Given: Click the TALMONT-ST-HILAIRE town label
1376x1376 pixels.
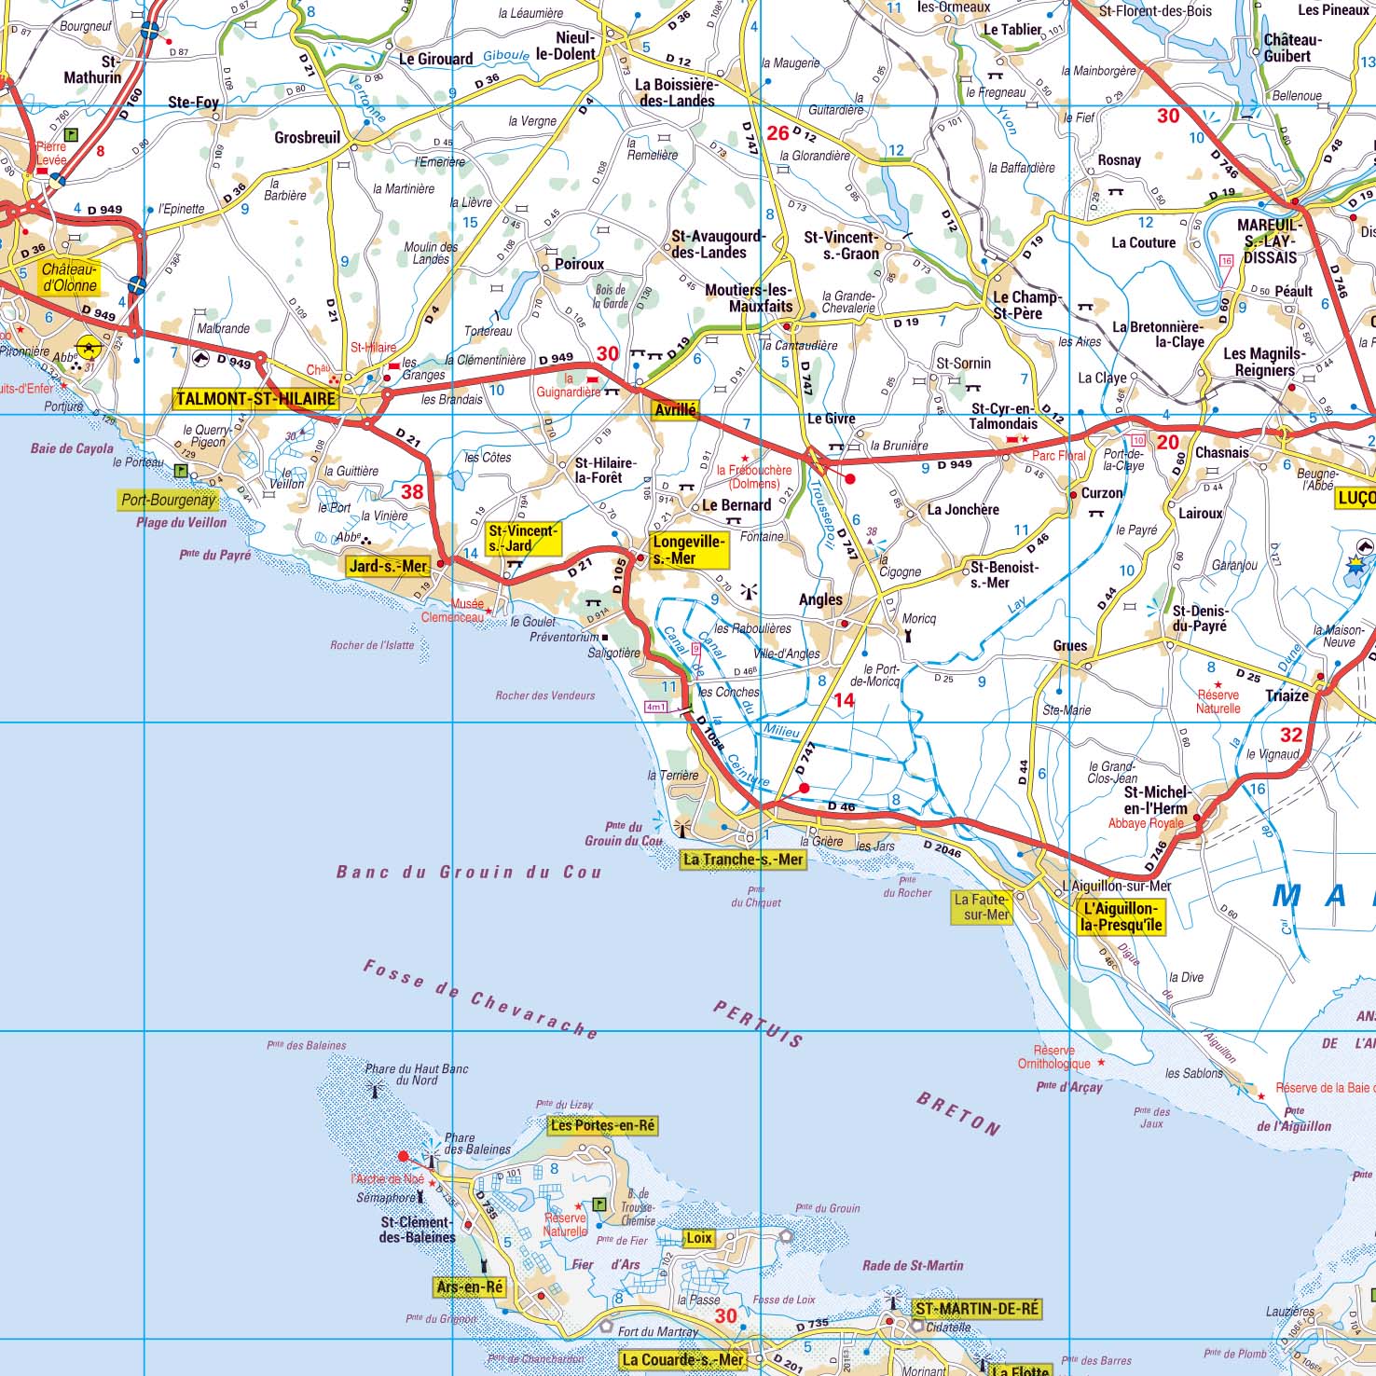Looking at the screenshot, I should pos(255,399).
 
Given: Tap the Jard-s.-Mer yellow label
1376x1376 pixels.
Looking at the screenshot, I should pos(388,566).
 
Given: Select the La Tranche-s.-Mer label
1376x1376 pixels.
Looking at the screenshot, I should pos(742,860).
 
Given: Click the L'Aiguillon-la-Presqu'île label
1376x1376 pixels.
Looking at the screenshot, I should pos(1121,916).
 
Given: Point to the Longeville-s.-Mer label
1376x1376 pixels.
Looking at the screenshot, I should pos(688,550).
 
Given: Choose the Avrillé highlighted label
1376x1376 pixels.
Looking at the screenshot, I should pos(675,410).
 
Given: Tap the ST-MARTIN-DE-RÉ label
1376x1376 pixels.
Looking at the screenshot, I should pos(976,1309).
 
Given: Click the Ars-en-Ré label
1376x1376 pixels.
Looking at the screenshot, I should pos(470,1287).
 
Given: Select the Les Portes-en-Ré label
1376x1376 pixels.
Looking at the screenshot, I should pos(602,1125).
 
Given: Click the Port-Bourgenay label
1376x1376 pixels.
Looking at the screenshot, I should pos(168,500).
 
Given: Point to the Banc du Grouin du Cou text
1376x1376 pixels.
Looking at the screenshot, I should pos(469,873).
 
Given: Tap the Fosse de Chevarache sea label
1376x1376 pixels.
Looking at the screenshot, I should pos(480,1000).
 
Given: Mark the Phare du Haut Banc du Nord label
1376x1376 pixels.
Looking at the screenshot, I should pos(416,1074).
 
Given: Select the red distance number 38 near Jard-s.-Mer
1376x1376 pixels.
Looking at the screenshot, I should pos(411,492).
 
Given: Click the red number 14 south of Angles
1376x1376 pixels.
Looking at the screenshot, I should pos(844,700).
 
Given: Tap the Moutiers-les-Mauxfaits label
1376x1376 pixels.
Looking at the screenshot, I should pos(749,297).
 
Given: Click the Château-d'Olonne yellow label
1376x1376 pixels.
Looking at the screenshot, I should pos(70,277).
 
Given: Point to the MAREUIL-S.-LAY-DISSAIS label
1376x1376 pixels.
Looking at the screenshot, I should pos(1270,241).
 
